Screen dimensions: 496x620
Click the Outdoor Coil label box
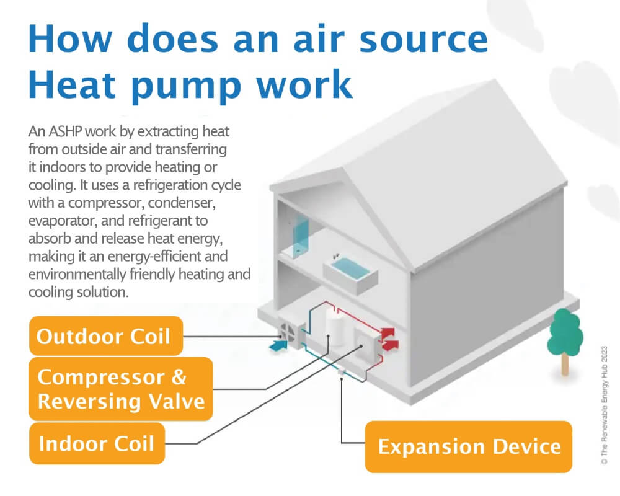click(105, 336)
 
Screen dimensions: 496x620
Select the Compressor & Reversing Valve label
click(121, 389)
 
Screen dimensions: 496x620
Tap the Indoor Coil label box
click(97, 443)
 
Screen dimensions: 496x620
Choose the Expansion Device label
click(469, 446)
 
